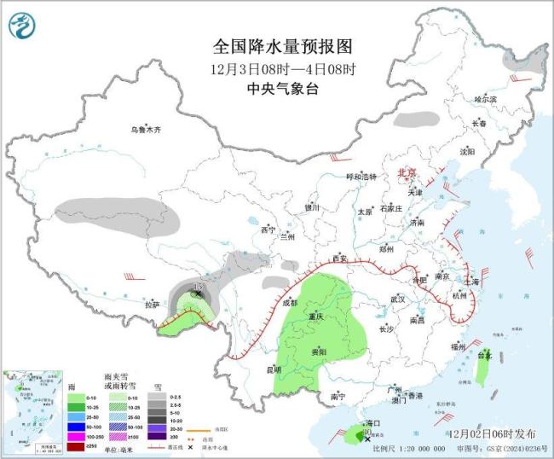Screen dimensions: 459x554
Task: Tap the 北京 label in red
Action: tap(407, 173)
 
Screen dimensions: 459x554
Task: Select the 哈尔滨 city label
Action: tap(485, 100)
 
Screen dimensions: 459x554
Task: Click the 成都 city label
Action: tap(291, 303)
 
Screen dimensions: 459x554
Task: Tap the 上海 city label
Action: tap(470, 281)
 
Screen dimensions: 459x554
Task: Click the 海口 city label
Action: tap(372, 423)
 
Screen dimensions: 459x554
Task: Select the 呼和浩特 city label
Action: tap(360, 177)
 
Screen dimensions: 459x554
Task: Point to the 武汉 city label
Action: tap(397, 299)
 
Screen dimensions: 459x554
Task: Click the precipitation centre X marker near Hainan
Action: tap(368, 439)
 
